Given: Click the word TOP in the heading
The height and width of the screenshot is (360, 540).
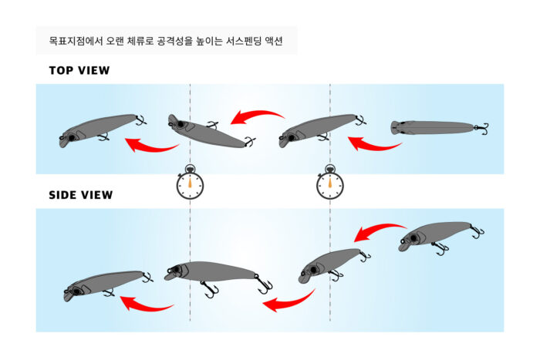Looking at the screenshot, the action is pos(61,70).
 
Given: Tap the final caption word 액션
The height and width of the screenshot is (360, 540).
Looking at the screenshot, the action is pos(274,41).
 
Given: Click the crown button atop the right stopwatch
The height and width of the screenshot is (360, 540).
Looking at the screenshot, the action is pos(330,167).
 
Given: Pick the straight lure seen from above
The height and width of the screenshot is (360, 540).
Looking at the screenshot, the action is pos(440,128).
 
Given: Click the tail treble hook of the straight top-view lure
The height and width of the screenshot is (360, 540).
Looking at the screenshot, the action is pos(482,128).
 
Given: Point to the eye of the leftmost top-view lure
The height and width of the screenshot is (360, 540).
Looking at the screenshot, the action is pos(72,138).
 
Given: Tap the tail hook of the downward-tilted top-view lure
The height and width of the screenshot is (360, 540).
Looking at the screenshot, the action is pos(250,141).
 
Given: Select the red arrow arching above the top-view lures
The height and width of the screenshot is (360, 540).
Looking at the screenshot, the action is pos(257,114).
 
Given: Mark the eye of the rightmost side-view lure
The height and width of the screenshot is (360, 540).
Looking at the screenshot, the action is pos(413,238).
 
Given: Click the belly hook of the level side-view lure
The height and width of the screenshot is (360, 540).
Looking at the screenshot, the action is pos(209,289).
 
